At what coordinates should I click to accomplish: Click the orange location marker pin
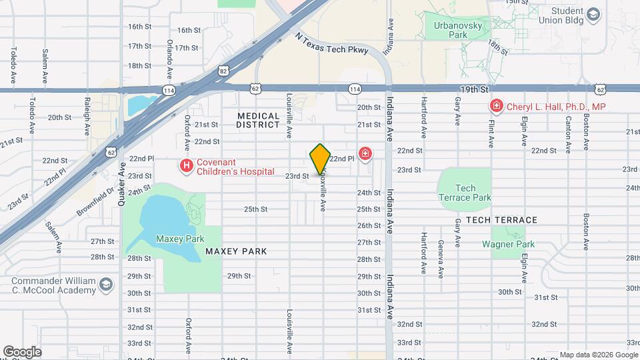point(320,159)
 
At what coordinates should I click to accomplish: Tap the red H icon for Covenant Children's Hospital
point(186,165)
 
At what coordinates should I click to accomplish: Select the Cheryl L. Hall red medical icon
point(495,106)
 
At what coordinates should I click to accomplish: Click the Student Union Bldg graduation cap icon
point(593,14)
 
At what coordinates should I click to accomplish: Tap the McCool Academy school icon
point(105,285)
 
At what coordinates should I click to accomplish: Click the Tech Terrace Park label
point(465,193)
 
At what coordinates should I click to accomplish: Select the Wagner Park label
point(509,244)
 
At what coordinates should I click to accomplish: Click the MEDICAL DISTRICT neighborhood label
point(258,120)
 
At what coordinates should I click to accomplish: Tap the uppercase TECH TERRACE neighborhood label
point(501,220)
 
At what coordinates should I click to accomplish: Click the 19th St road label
point(474,89)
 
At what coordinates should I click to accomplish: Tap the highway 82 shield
point(223,69)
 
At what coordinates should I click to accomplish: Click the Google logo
point(23,351)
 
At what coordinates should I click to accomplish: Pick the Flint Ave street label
point(491,132)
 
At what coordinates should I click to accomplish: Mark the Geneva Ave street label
point(440,259)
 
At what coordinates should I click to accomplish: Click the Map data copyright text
point(597,355)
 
